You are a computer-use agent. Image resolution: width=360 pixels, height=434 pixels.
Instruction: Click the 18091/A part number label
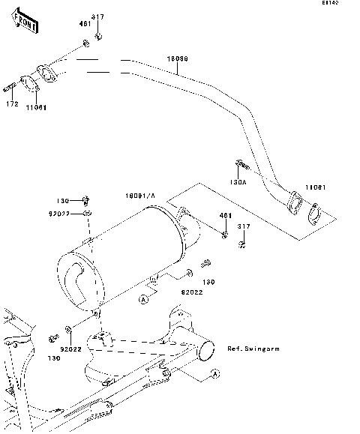[x=139, y=196]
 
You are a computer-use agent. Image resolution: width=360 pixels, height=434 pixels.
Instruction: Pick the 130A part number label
[x=237, y=182]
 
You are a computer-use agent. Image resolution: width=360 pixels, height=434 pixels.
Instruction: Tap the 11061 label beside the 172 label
[x=35, y=107]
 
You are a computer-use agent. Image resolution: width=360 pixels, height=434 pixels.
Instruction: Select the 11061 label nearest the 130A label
[x=315, y=187]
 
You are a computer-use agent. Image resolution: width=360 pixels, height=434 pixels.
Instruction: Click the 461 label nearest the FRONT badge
[x=85, y=24]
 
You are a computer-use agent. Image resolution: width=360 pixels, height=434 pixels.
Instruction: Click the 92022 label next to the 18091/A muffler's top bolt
[x=80, y=214]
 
